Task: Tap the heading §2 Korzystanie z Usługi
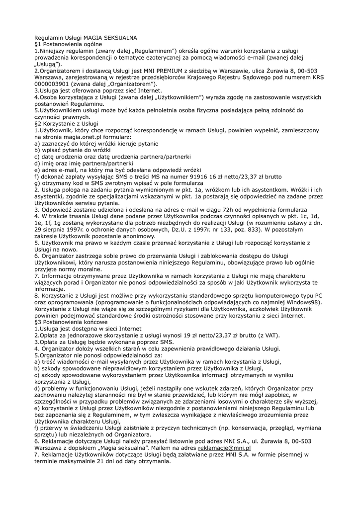[67, 123]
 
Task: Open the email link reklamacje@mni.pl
[224, 447]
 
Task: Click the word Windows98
[303, 302]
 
